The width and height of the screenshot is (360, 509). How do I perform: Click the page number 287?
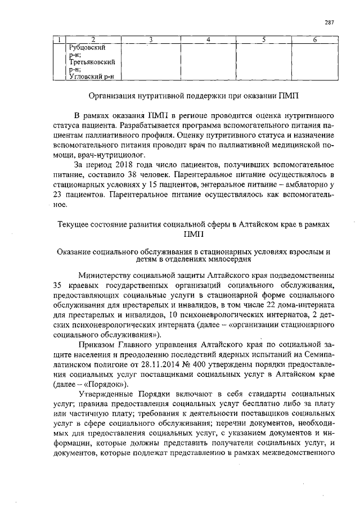[330, 22]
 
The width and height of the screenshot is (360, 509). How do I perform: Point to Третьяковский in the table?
[92, 62]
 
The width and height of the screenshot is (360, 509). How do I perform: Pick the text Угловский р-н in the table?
[92, 77]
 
